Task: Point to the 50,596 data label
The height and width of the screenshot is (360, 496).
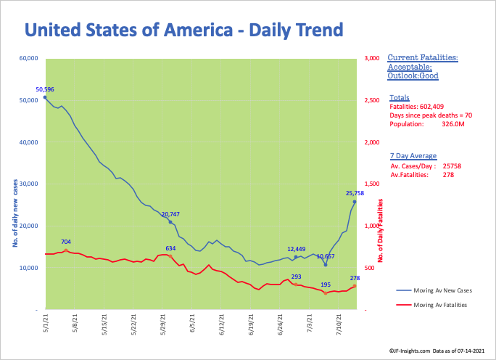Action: tap(45, 89)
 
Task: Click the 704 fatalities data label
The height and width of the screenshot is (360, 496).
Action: tap(66, 242)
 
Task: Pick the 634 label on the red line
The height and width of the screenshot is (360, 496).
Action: tap(170, 249)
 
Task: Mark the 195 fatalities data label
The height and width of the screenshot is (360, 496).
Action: tap(326, 285)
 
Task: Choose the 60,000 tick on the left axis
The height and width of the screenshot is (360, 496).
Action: tap(28, 59)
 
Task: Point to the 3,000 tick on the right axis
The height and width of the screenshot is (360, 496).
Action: tap(373, 59)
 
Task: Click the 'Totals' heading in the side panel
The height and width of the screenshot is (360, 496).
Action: tap(398, 97)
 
